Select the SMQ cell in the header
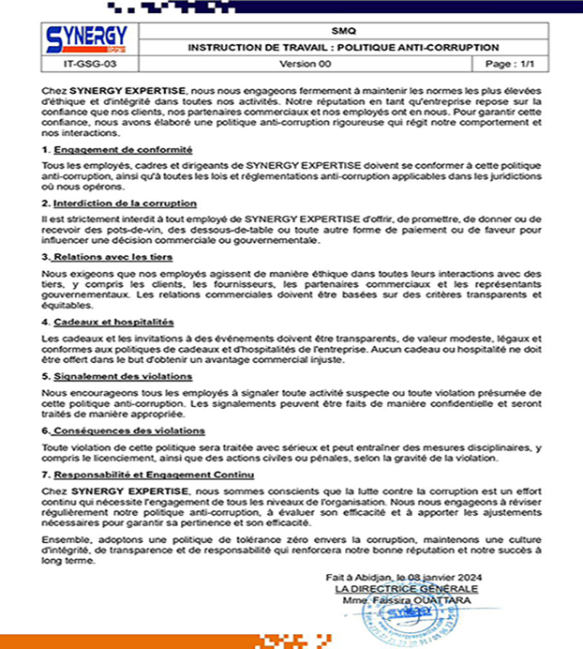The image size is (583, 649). coord(343,30)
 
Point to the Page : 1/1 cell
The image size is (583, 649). coord(511,64)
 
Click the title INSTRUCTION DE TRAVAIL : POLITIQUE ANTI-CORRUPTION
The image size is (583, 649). coord(343,47)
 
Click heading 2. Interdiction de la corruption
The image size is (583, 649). coord(120,203)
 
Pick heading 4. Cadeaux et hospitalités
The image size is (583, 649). coord(109,322)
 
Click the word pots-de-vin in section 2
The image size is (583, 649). coord(132,232)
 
